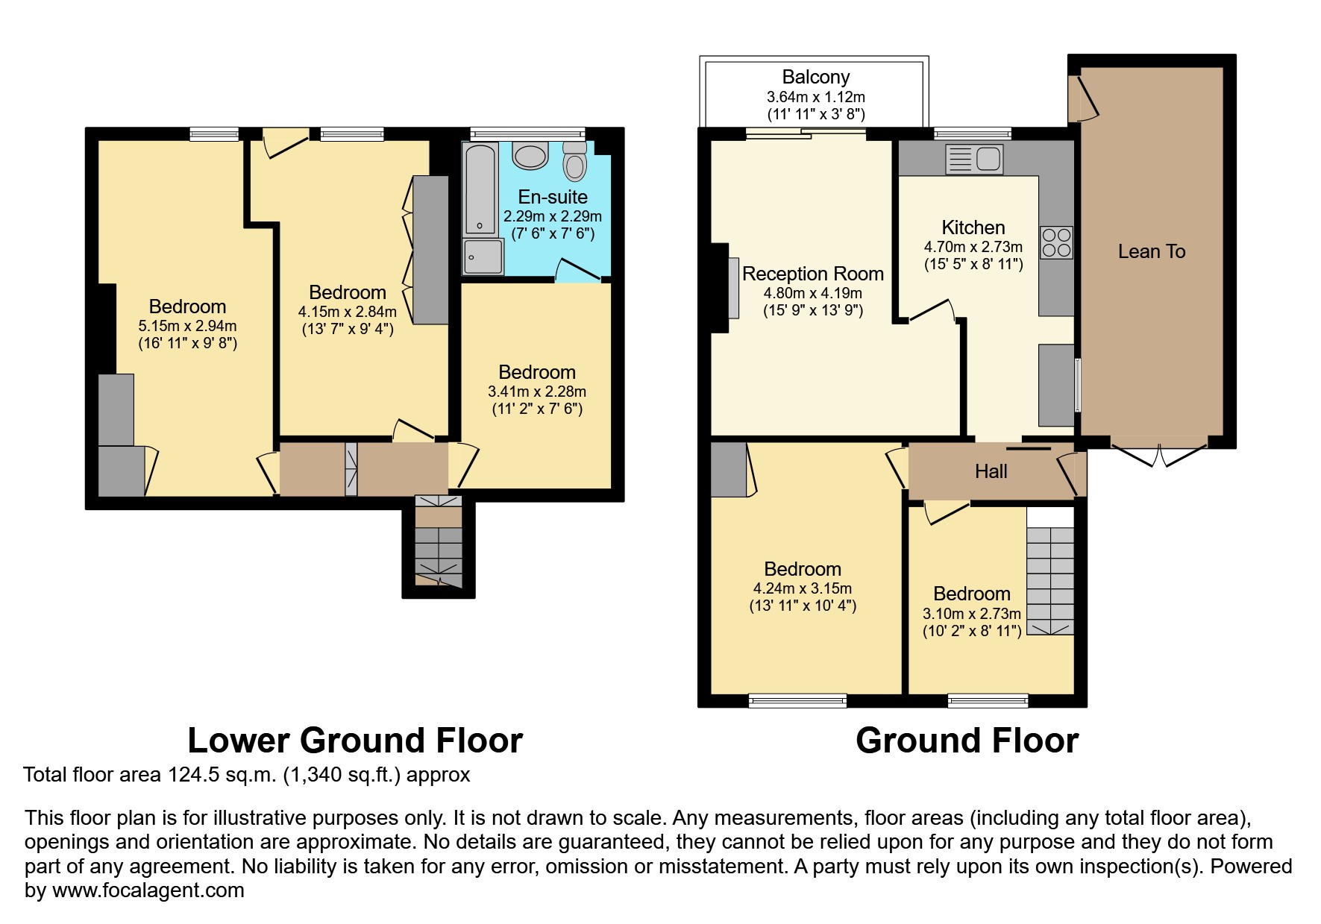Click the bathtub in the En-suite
pyautogui.click(x=480, y=189)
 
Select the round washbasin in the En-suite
pyautogui.click(x=530, y=157)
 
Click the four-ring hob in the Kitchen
pyautogui.click(x=1056, y=242)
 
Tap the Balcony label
pyautogui.click(x=815, y=77)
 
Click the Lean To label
pyautogui.click(x=1151, y=251)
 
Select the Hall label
pyautogui.click(x=991, y=471)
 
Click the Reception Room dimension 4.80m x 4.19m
pyautogui.click(x=812, y=294)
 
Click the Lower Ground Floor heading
pyautogui.click(x=355, y=741)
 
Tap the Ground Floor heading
pyautogui.click(x=967, y=741)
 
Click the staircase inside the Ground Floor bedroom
pyautogui.click(x=1049, y=582)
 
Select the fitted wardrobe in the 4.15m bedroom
pyautogui.click(x=431, y=250)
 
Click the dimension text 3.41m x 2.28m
pyautogui.click(x=536, y=392)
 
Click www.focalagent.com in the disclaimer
pyautogui.click(x=148, y=890)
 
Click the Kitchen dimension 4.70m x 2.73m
pyautogui.click(x=973, y=247)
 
